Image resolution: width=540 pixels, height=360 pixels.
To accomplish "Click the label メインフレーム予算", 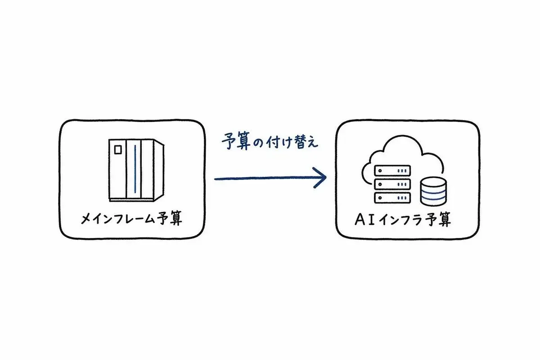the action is [131, 218].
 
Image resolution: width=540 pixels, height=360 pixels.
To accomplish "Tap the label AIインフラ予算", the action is [403, 220].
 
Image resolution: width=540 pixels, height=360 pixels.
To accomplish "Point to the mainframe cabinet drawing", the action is [136, 170].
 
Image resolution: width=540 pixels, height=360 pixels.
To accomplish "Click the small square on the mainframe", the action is [118, 150].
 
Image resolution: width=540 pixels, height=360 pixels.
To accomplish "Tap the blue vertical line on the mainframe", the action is [135, 169].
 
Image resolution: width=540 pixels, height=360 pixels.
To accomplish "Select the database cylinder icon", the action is [433, 191].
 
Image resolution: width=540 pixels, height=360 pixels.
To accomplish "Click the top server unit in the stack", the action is [392, 171].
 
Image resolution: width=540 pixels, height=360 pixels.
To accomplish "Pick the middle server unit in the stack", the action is [392, 184].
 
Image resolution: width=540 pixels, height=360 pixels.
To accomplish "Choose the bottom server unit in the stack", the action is [392, 198].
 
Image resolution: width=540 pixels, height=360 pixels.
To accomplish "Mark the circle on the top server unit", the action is [380, 171].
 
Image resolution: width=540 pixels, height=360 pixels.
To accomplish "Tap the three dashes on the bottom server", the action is [402, 198].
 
